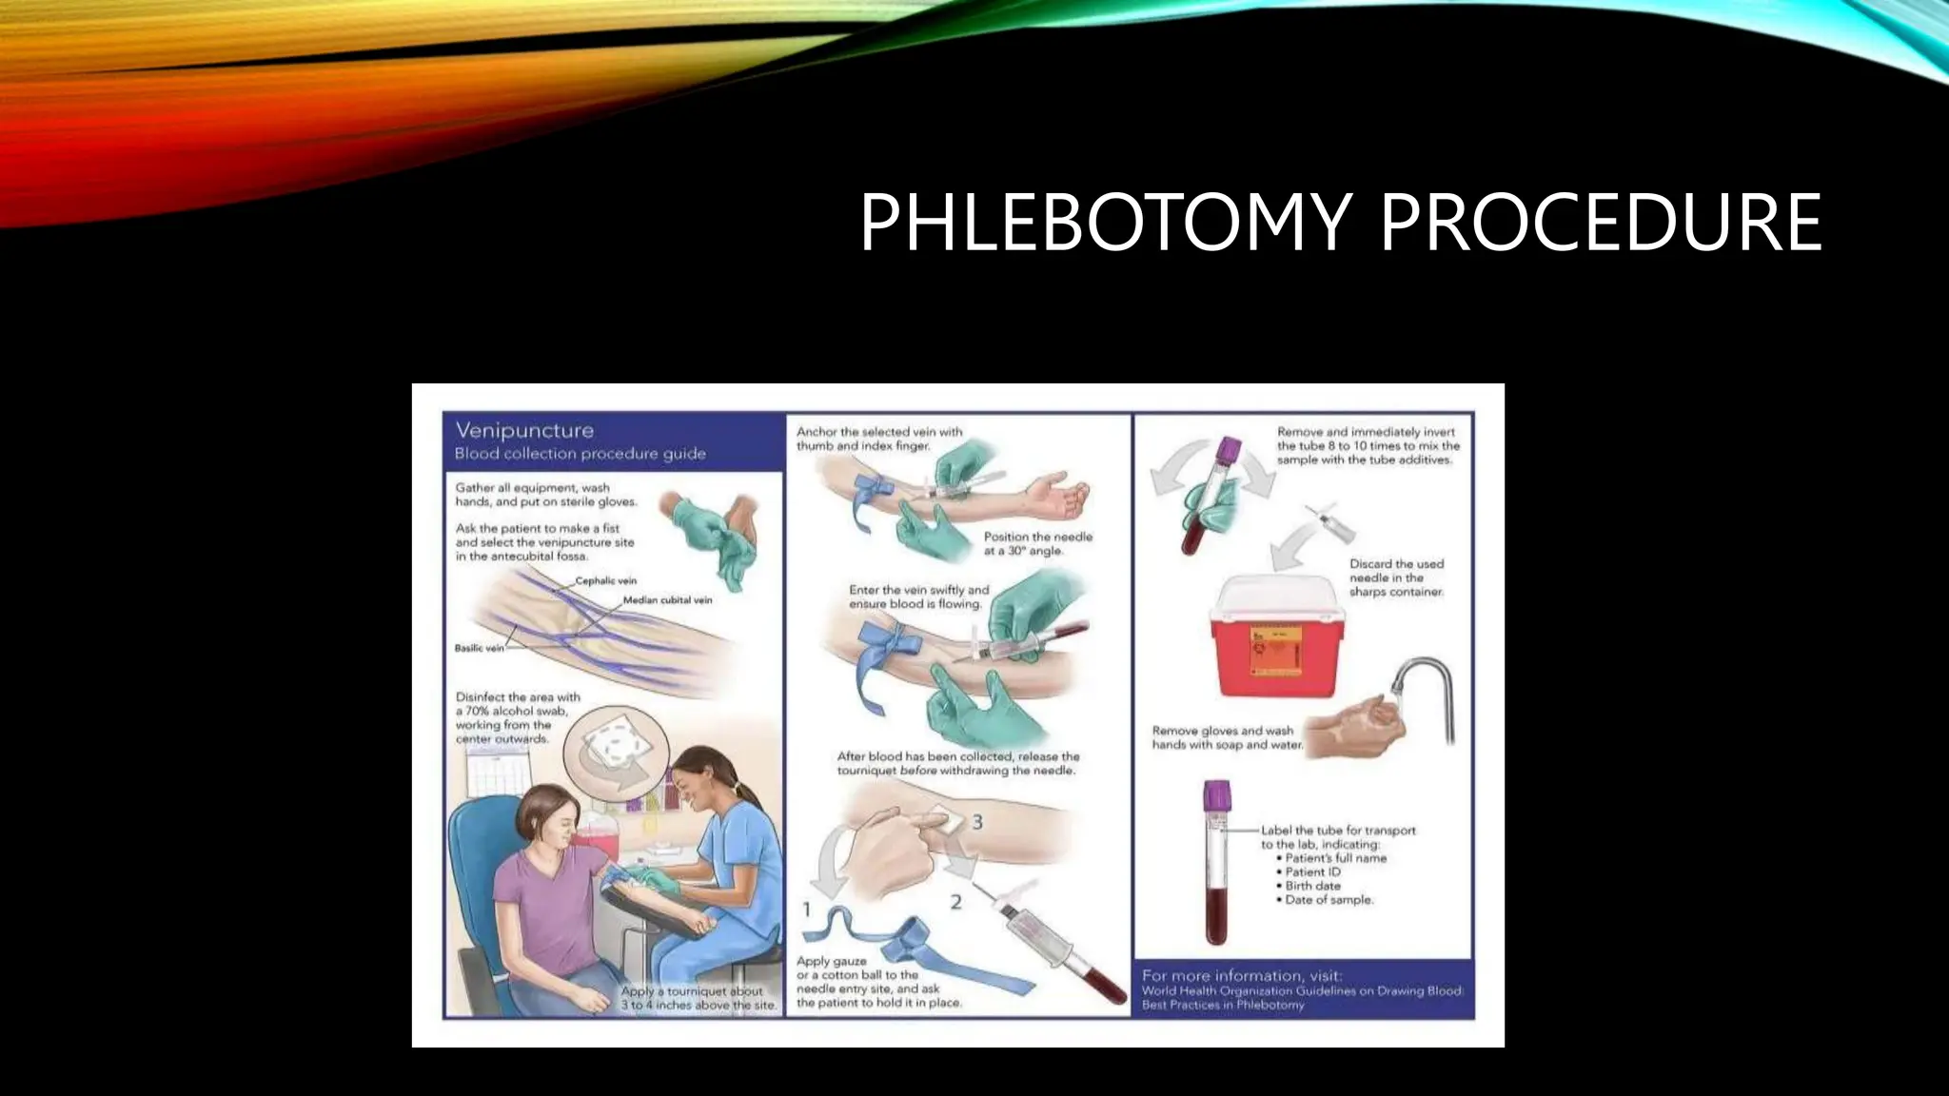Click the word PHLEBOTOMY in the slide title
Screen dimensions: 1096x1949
[x=1104, y=223]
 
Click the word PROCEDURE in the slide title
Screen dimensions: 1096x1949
[x=1600, y=223]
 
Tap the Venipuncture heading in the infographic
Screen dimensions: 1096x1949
[x=524, y=431]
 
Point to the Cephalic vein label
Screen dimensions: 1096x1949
[x=606, y=580]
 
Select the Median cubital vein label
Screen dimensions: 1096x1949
[x=667, y=600]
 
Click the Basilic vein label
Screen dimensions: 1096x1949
[x=480, y=648]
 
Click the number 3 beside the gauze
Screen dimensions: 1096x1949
[x=976, y=821]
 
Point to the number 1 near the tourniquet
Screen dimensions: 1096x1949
[x=806, y=910]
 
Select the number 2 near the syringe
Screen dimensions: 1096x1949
[x=955, y=901]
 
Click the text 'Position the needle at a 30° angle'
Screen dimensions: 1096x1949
[x=1037, y=543]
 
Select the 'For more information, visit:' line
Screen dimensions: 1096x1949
[x=1242, y=975]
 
